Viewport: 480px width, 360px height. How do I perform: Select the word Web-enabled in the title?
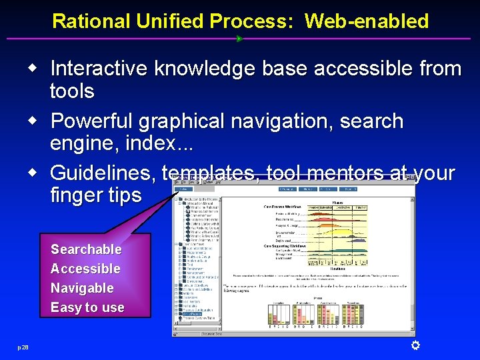[367, 21]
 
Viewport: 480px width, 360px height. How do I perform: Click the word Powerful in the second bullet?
[94, 121]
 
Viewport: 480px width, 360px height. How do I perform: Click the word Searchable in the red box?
[86, 249]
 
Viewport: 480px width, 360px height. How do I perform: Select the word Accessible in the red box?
[85, 269]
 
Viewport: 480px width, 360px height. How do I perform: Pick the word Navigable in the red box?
[82, 288]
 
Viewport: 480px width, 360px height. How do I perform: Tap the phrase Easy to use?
[87, 307]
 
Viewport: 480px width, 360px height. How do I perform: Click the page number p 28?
[23, 347]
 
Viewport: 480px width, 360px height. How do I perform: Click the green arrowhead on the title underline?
[239, 39]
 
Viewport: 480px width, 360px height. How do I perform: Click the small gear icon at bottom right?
[415, 345]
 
